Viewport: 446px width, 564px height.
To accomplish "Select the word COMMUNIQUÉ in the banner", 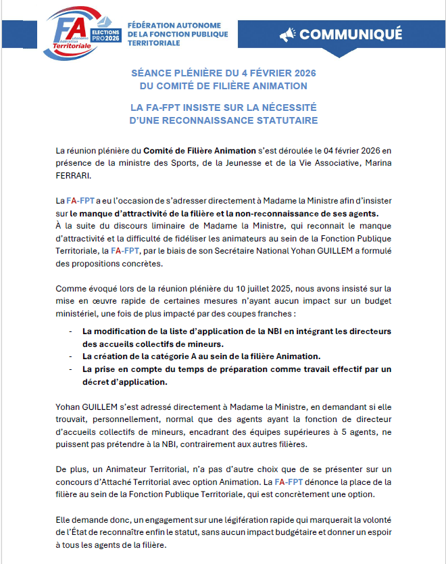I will tap(351, 34).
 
